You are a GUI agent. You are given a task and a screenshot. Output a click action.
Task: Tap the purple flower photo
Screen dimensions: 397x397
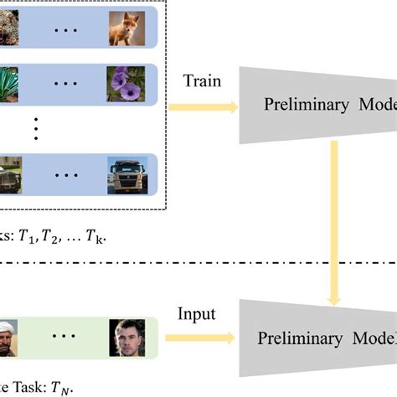(x=126, y=84)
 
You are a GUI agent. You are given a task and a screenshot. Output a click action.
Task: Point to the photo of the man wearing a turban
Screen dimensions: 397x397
(x=10, y=337)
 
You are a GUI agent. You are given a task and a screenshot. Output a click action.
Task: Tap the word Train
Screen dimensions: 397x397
(x=202, y=80)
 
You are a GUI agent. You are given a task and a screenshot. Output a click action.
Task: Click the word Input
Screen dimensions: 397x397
(x=198, y=314)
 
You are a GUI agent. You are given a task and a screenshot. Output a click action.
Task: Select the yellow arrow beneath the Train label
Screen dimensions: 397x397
(x=203, y=107)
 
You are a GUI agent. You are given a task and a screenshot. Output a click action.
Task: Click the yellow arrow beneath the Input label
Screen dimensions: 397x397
(x=201, y=338)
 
